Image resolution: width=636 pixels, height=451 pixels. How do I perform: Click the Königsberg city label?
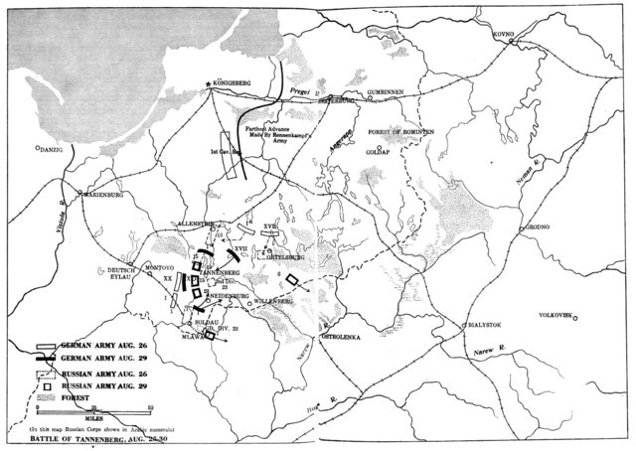click(235, 82)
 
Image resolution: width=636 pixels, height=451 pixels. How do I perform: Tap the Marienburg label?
click(105, 195)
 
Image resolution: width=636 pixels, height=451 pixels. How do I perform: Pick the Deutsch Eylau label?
click(120, 273)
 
